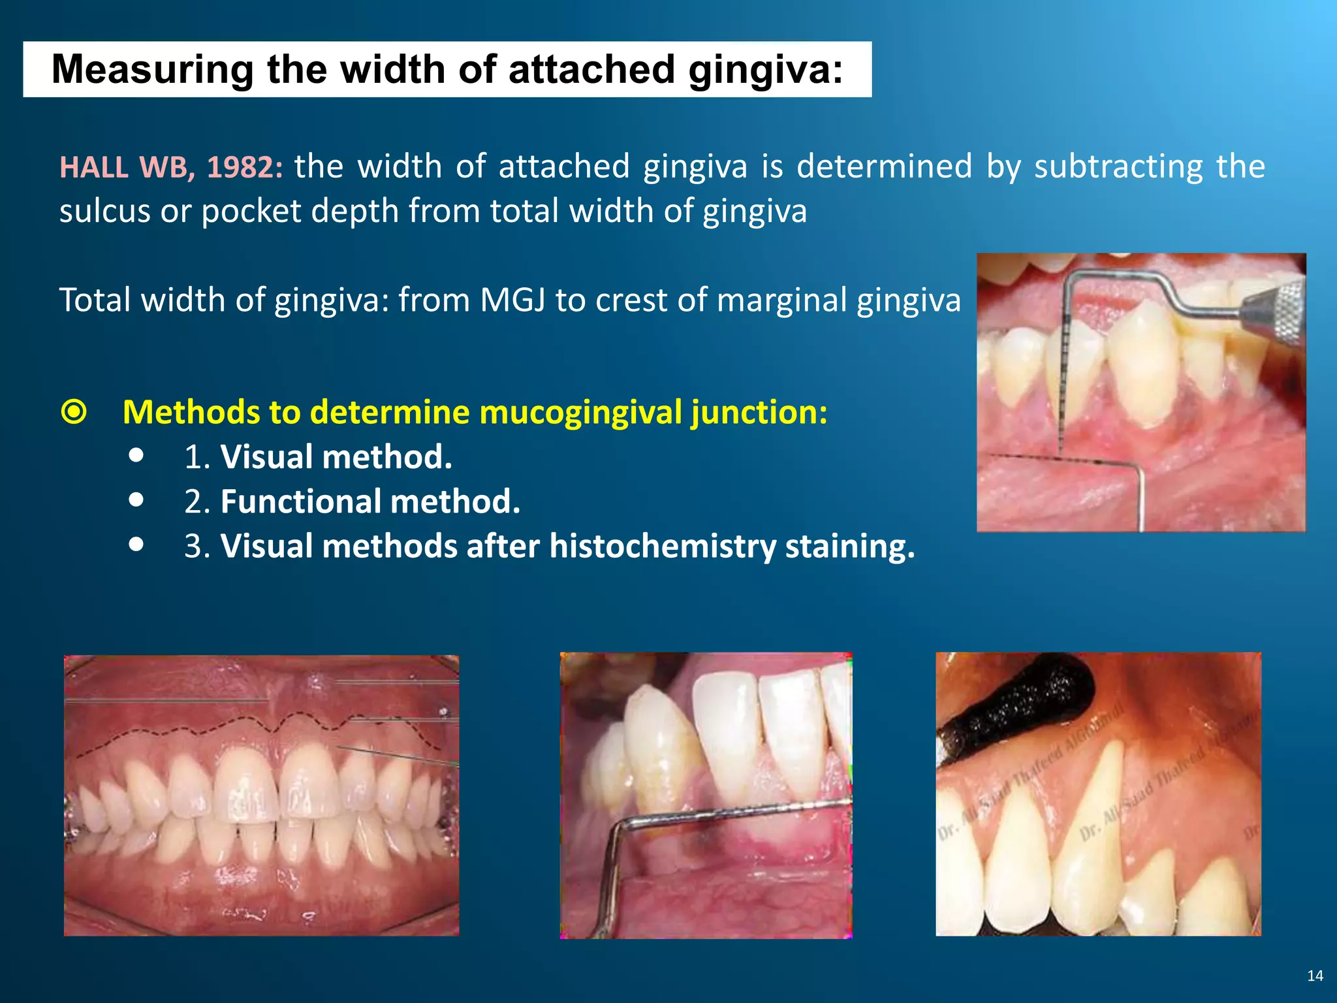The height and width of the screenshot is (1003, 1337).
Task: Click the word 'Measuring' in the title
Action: click(152, 69)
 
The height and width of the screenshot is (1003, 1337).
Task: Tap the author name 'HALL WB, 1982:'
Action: click(171, 167)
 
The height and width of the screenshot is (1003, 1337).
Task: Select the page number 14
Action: click(1315, 976)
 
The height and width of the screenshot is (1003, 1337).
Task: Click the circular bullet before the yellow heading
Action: click(74, 413)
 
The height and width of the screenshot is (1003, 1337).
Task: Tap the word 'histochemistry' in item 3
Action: click(663, 546)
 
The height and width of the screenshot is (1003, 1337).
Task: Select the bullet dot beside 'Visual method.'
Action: click(136, 455)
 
